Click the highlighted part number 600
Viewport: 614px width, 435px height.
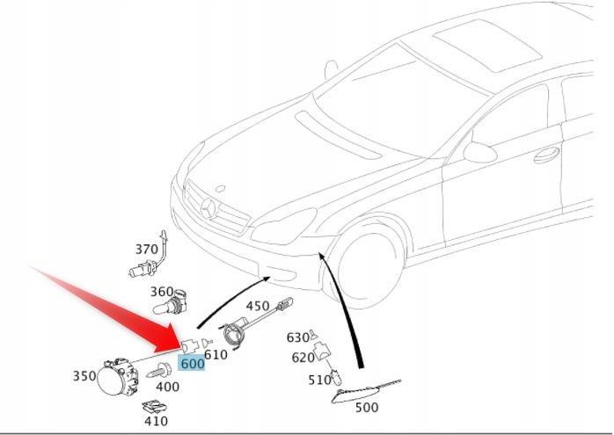192,363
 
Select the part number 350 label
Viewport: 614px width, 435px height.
84,376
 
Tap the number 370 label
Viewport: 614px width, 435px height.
146,250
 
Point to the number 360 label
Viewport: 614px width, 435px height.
161,292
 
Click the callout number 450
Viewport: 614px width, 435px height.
257,306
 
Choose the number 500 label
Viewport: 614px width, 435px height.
368,408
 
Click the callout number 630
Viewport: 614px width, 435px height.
297,337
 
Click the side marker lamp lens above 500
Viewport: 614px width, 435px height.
365,391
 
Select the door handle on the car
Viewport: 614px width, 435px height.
546,155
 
